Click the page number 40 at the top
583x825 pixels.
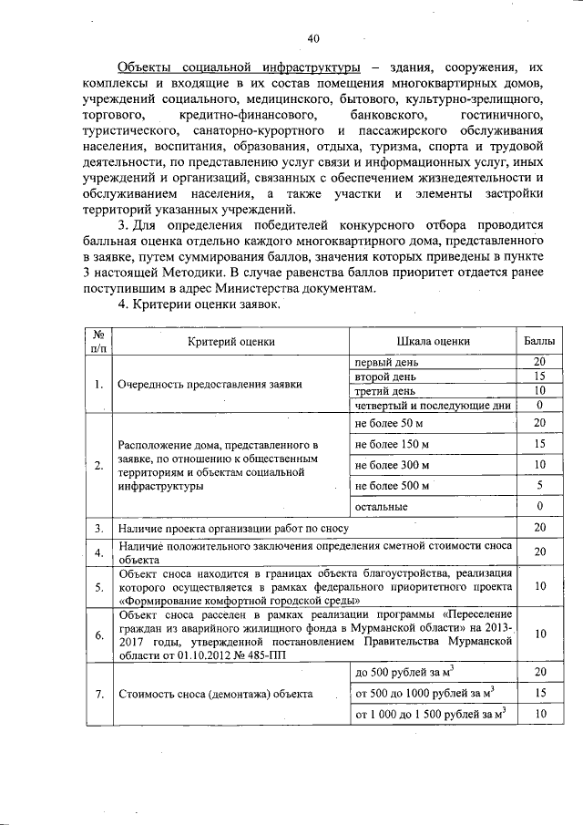coord(313,38)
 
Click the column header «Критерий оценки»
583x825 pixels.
coord(231,340)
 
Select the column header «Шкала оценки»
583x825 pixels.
coord(433,340)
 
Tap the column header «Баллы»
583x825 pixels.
coord(539,340)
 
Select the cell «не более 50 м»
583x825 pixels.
coord(389,423)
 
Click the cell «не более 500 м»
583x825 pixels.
coord(392,485)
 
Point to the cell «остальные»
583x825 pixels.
coord(381,506)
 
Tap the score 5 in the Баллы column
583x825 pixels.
coord(539,485)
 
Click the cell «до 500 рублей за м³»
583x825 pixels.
coord(404,672)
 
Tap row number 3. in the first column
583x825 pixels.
coord(97,528)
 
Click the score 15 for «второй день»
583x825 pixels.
coord(539,376)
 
